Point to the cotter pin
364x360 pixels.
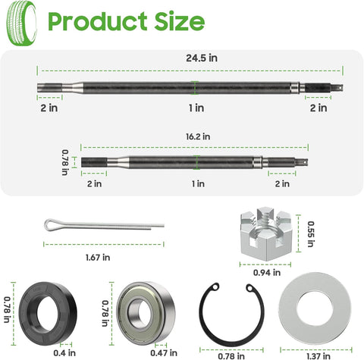pyautogui.click(x=102, y=225)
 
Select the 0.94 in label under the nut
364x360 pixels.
pyautogui.click(x=261, y=271)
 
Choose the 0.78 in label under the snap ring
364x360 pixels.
pyautogui.click(x=226, y=354)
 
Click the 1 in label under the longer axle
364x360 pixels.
pyautogui.click(x=196, y=108)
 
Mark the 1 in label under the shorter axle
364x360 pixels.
pyautogui.click(x=197, y=183)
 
